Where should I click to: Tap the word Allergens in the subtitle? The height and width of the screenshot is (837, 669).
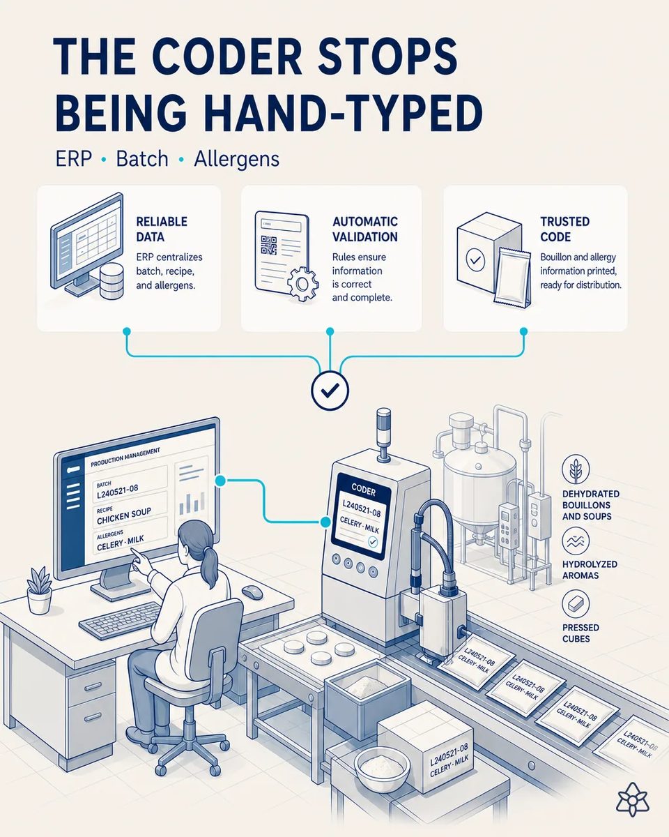pos(236,159)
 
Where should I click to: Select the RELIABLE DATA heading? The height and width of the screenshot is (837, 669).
pos(162,229)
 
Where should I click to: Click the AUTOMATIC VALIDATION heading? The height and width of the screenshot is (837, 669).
pos(365,229)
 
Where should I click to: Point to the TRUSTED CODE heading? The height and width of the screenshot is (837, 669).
pos(565,229)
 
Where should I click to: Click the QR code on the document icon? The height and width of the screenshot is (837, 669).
pos(268,245)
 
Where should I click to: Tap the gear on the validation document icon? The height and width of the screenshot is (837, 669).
pos(302,284)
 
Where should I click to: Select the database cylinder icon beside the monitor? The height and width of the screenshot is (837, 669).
pos(111,281)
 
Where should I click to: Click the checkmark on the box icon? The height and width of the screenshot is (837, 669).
pos(475,259)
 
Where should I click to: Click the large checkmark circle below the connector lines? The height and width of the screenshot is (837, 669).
pos(330,390)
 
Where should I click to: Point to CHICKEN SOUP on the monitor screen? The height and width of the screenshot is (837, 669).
pos(124,515)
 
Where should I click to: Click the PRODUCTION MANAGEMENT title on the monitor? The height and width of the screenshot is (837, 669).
pos(125,457)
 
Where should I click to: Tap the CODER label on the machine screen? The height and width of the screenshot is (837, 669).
pos(364,491)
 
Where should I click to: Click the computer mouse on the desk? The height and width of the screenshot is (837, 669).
pos(252,592)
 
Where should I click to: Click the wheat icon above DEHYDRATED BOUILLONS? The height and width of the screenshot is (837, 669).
pos(576,469)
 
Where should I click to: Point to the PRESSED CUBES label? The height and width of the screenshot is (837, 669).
pos(580,633)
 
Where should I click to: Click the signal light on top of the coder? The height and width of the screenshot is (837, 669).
pos(384,434)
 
